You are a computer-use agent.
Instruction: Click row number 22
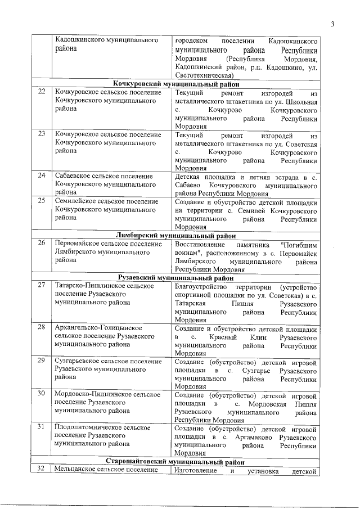(42, 92)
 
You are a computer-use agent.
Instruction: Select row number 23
(42, 134)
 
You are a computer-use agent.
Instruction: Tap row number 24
(42, 175)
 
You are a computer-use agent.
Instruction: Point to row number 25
(42, 201)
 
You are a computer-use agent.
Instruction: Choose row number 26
(42, 244)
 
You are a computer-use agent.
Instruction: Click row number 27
(42, 286)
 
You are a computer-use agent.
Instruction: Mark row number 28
(42, 328)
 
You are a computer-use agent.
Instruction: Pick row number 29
(42, 361)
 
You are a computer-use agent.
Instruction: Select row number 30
(42, 394)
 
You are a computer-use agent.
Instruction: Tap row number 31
(42, 427)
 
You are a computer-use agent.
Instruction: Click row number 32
(40, 469)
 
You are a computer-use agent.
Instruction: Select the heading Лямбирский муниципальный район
(175, 235)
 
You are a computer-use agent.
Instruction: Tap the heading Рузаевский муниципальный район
(175, 277)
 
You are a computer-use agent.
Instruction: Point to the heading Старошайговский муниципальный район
(175, 461)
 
